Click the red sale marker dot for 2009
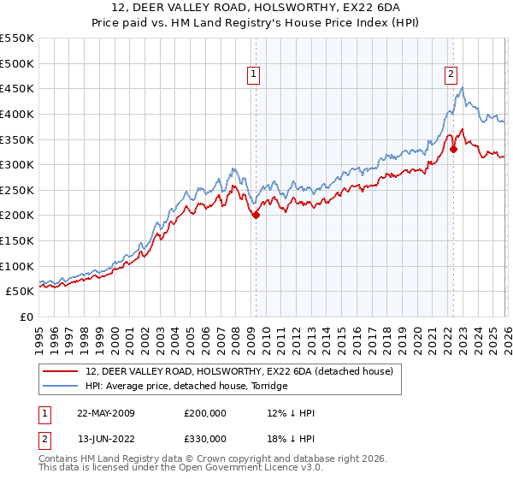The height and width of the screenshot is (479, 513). [256, 216]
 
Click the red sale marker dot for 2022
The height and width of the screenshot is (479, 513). [453, 149]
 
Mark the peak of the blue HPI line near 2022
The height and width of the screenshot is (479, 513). [462, 87]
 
